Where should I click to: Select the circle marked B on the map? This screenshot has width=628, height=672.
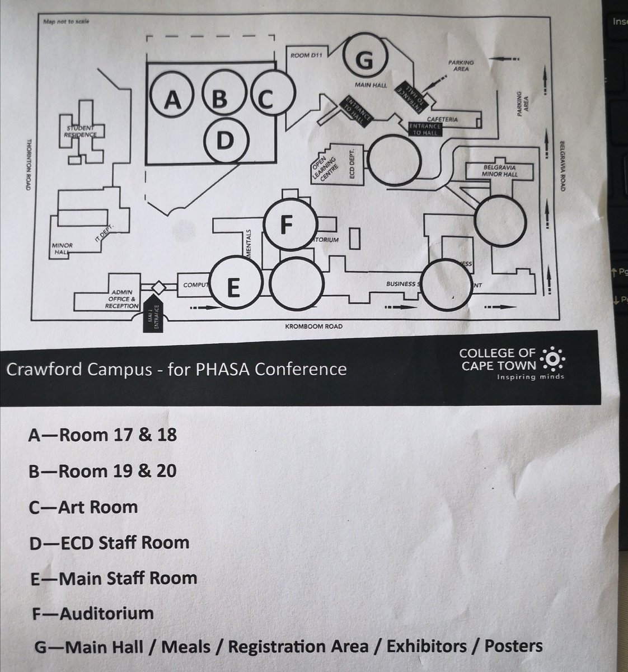tap(220, 99)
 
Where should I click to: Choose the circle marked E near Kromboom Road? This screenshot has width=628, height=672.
tap(233, 287)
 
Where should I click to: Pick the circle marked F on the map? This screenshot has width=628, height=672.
tap(286, 224)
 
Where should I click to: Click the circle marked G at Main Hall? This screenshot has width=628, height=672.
tap(364, 59)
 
